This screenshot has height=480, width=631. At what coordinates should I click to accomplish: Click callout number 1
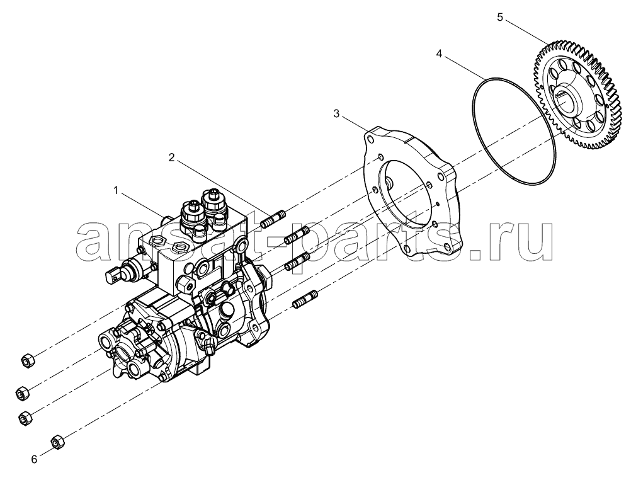coord(116,190)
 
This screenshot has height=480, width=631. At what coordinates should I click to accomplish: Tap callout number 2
coord(171,157)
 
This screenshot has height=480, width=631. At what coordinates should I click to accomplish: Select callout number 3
coord(336,114)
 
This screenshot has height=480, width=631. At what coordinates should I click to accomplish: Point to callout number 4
coord(439,54)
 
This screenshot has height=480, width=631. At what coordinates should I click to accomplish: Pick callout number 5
coord(500,18)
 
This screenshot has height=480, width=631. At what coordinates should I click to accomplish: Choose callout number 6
coord(34,459)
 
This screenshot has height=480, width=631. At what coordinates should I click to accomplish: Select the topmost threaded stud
coord(273,218)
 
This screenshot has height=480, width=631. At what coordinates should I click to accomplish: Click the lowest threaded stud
coord(305,300)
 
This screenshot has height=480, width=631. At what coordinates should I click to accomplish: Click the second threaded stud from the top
coord(297,236)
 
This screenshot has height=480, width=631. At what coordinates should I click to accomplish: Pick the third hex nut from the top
coord(25,418)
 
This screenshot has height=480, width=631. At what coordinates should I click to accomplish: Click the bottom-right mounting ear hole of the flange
coord(446,248)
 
